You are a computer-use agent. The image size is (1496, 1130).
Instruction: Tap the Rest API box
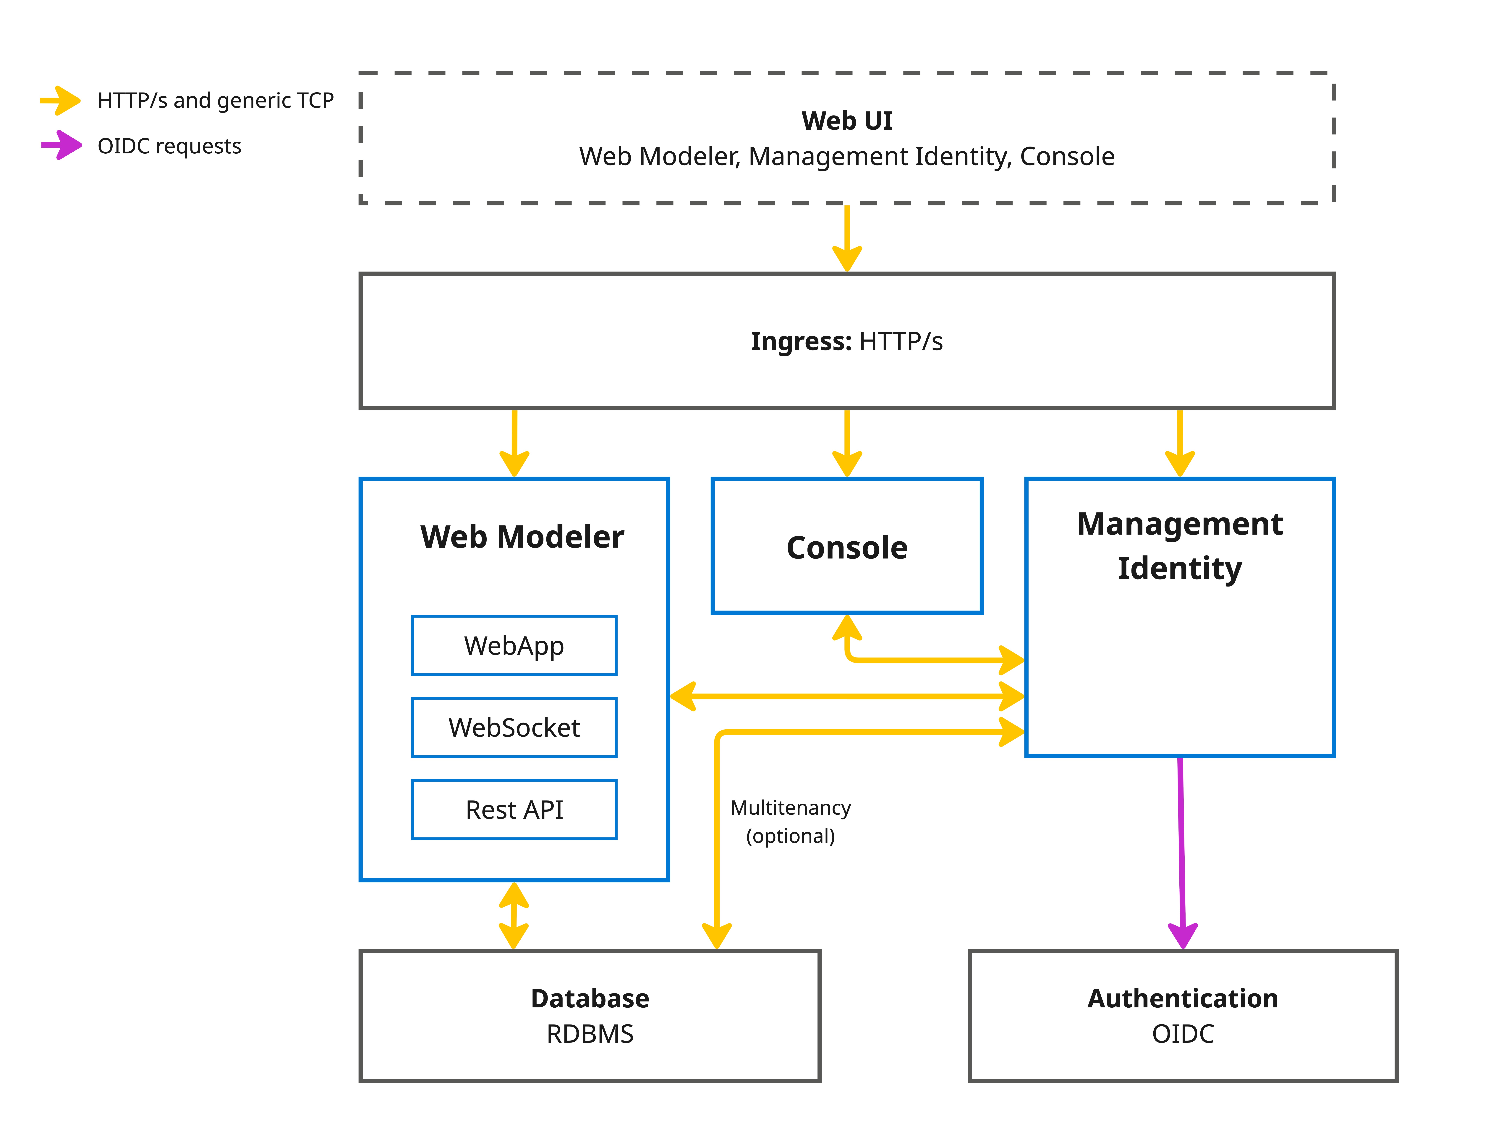click(x=514, y=809)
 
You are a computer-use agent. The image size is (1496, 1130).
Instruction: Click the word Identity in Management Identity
click(x=1179, y=568)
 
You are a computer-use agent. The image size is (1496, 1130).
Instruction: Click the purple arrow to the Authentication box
click(x=1181, y=852)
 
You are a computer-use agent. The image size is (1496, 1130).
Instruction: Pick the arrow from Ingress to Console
click(x=847, y=443)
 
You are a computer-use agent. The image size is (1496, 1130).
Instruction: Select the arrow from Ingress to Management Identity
click(x=1179, y=443)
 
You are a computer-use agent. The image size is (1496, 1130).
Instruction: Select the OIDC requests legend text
click(x=169, y=146)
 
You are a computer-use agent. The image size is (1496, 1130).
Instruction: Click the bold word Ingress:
click(x=801, y=342)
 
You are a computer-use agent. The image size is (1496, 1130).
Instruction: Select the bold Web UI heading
click(x=847, y=121)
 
